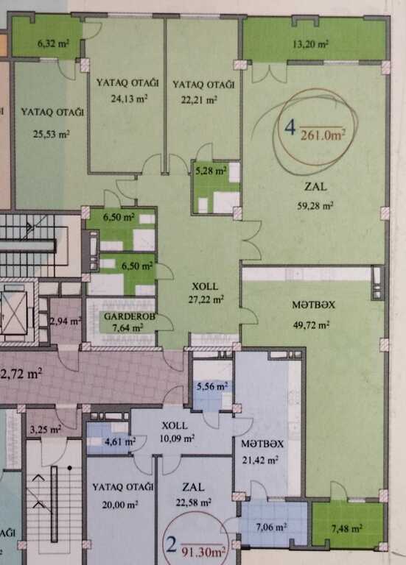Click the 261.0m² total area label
click(323, 135)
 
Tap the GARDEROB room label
click(130, 316)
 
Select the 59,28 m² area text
click(315, 206)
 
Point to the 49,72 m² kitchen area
click(311, 325)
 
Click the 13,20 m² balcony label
click(310, 44)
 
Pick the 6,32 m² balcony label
click(53, 43)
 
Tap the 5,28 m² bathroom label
click(211, 171)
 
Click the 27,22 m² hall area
click(206, 299)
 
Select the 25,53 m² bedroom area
click(52, 135)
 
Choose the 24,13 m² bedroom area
click(129, 99)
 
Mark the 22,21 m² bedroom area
click(199, 100)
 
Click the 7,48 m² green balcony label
click(347, 529)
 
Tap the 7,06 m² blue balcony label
click(271, 527)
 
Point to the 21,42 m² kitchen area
click(260, 460)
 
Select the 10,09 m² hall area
click(177, 438)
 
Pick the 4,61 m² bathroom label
click(120, 441)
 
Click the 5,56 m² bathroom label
click(212, 386)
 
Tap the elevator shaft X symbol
click(14, 312)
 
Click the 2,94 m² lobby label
click(66, 321)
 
